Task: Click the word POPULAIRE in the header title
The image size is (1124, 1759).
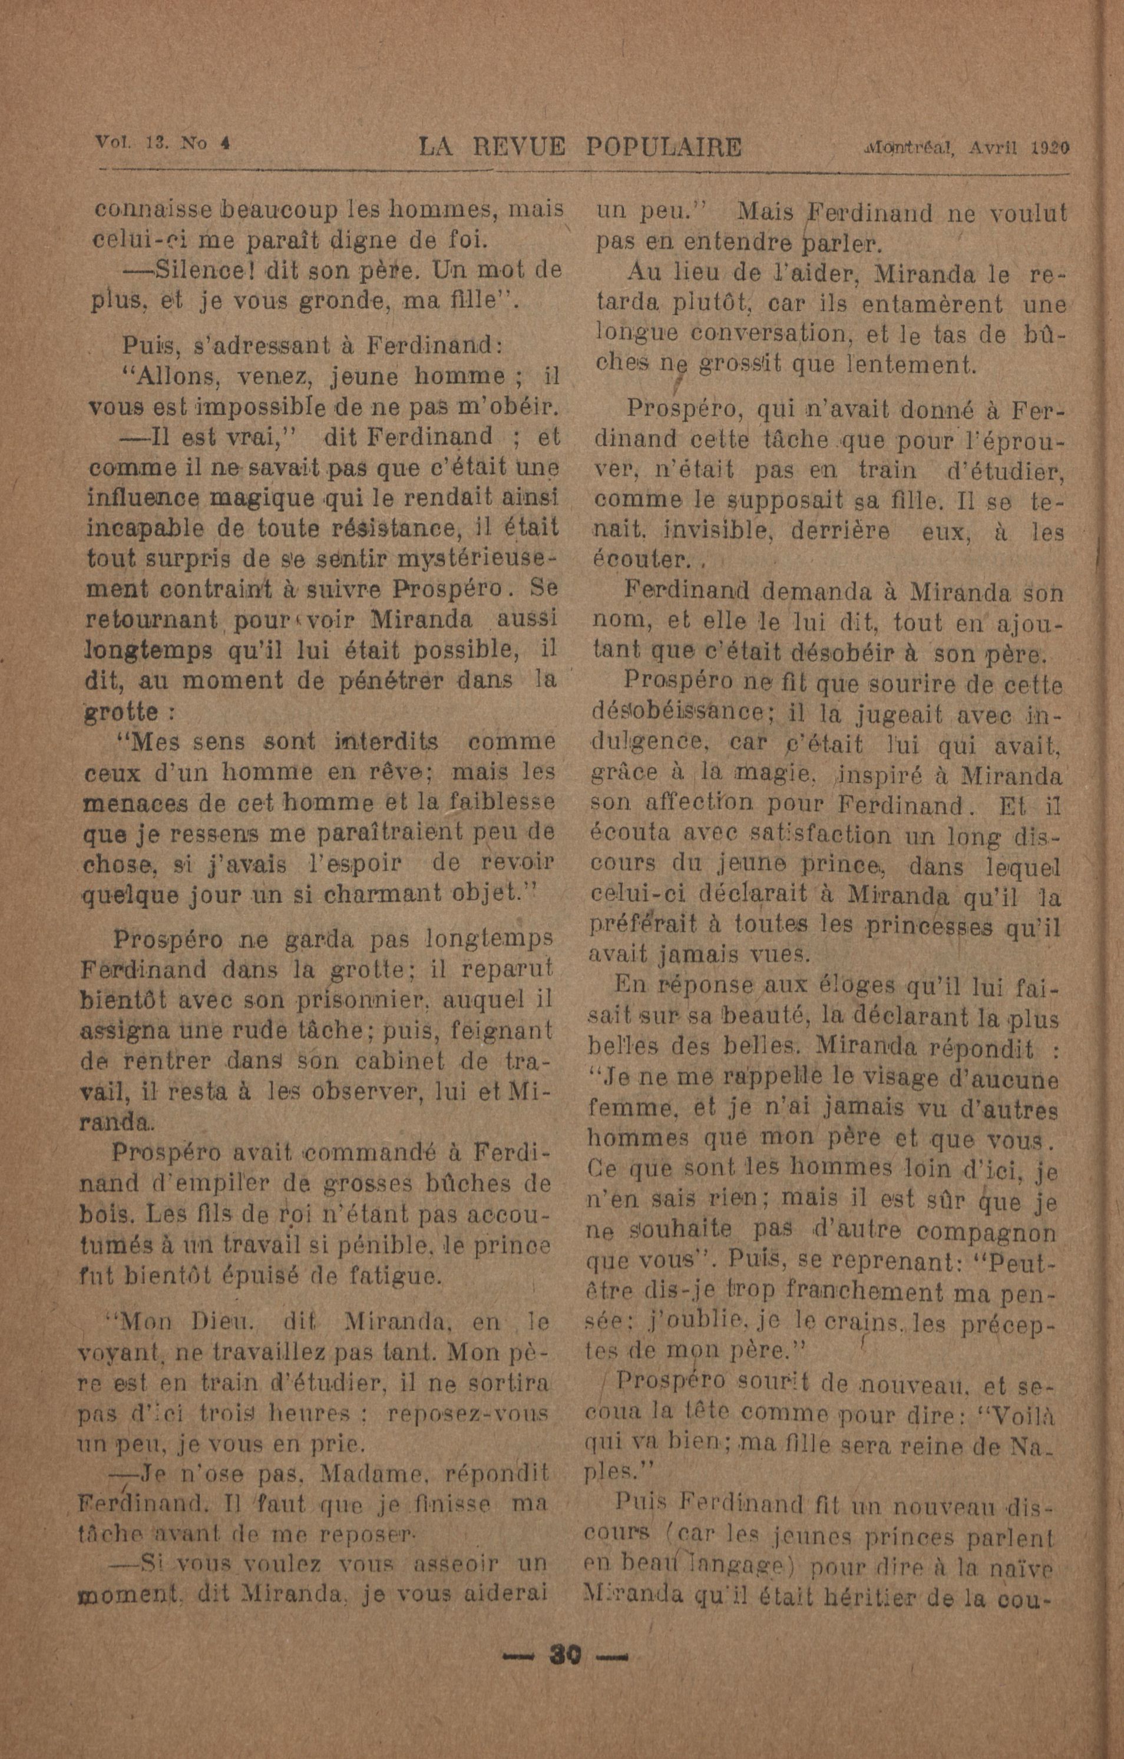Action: coord(663,148)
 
